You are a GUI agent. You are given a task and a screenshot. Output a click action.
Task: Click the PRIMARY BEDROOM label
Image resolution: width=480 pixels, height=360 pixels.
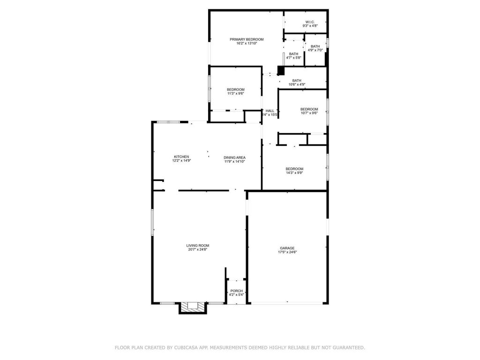[x=247, y=39]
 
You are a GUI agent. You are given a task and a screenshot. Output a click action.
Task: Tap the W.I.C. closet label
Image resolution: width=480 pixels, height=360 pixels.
[x=310, y=22]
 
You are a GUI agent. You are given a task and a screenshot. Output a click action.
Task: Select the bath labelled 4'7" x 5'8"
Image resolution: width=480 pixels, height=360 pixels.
[x=293, y=54]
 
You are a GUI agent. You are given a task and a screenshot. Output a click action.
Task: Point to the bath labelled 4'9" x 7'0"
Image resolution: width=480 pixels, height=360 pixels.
[x=315, y=46]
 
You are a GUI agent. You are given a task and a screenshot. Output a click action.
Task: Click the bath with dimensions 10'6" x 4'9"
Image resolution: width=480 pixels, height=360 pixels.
[x=297, y=81]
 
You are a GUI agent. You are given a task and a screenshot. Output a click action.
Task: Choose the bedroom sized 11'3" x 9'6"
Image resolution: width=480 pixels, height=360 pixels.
[x=236, y=90]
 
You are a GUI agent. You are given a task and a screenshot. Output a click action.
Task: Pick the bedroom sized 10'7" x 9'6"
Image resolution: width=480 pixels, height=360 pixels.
[x=309, y=109]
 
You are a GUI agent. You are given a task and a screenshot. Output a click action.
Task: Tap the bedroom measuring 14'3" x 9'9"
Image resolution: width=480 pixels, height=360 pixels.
[x=294, y=169]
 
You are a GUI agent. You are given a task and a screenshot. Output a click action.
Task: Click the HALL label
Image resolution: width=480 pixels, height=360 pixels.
[x=270, y=111]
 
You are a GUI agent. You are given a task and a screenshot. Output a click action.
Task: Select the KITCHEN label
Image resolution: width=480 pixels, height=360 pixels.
[x=181, y=157]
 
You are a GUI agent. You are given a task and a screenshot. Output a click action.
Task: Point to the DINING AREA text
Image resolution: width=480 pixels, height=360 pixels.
[x=234, y=157]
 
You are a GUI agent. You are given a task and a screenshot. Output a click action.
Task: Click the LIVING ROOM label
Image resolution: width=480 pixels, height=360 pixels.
[x=197, y=246]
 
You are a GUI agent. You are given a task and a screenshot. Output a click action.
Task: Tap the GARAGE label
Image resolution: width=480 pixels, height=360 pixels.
[x=287, y=248]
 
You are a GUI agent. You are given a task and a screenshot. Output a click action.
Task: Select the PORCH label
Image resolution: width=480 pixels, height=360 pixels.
[x=237, y=291]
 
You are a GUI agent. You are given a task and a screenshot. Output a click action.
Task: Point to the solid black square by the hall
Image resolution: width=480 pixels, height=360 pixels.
[x=281, y=70]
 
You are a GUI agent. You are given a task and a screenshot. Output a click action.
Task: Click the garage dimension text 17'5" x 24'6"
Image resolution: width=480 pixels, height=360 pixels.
[x=287, y=252]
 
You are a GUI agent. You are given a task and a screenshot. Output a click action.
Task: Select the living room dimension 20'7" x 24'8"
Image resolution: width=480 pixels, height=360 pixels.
[x=197, y=249]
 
